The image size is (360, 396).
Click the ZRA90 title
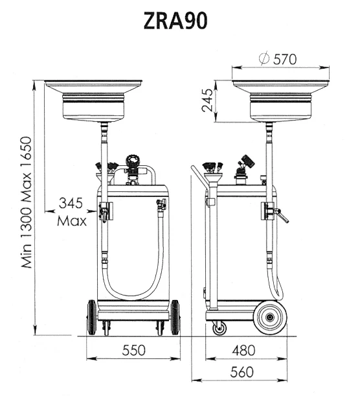175,21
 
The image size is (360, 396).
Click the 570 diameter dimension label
285,60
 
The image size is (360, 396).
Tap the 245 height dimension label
208,100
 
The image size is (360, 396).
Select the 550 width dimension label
134,350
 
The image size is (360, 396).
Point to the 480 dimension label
243,350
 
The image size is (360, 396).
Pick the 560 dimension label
242,372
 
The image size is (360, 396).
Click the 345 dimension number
71,203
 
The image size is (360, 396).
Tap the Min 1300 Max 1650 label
27,202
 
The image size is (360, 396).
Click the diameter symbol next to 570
264,58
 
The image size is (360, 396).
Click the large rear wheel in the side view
270,317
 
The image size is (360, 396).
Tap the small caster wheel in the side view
219,329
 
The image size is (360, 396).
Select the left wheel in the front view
91,318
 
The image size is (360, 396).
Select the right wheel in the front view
175,318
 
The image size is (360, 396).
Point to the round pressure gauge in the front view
133,161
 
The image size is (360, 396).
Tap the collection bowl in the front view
93,100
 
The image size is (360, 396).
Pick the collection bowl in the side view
281,100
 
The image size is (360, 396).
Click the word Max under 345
72,221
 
